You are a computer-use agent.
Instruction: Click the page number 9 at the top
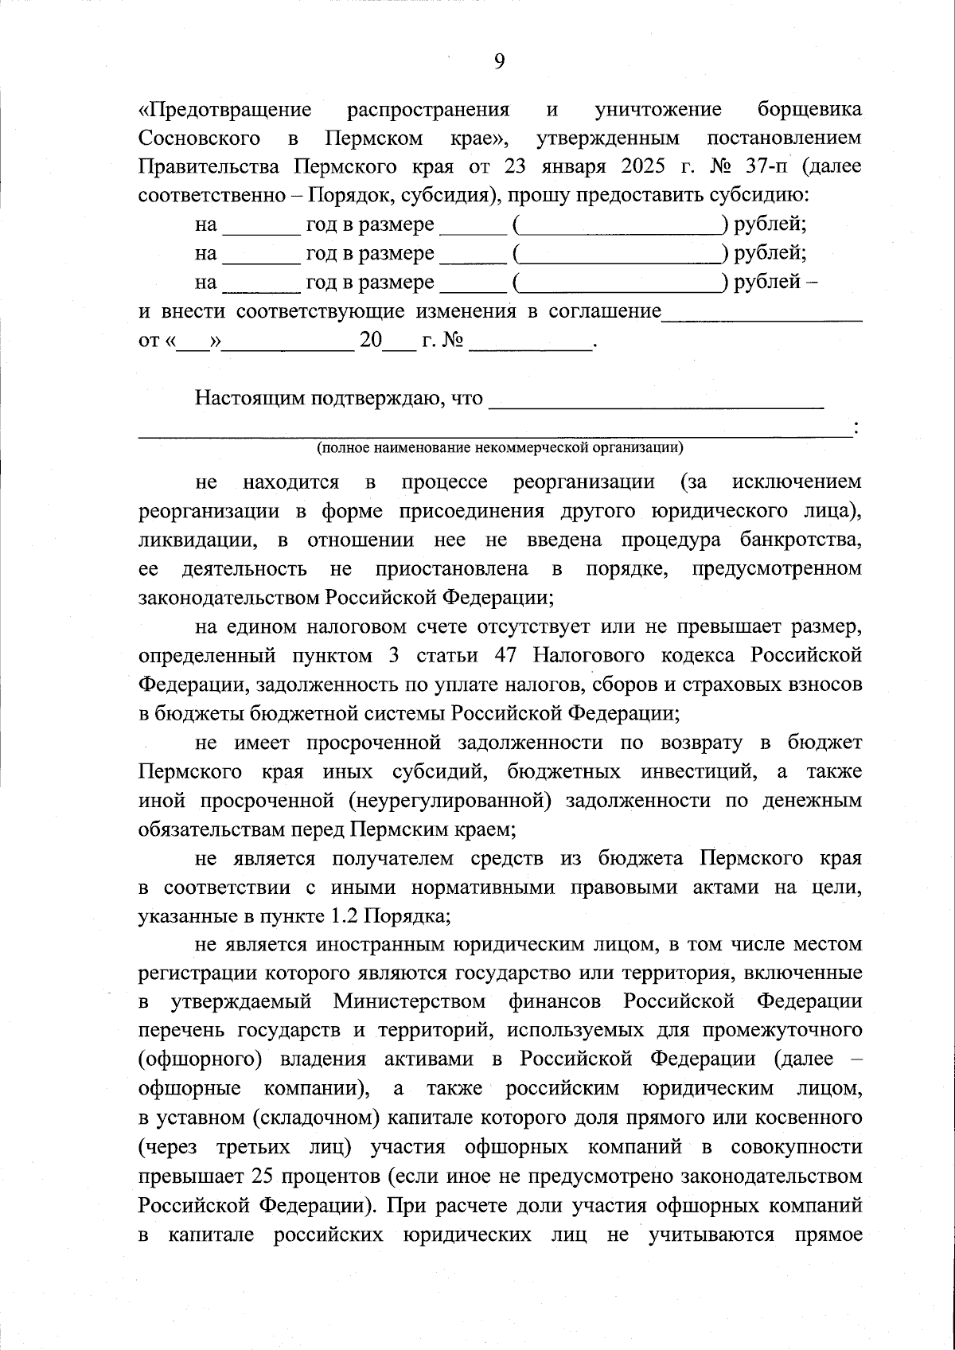click(499, 61)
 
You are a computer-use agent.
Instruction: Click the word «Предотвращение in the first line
click(224, 109)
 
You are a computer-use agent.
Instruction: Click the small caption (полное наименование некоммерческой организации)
click(500, 447)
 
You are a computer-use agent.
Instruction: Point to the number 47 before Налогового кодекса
click(508, 655)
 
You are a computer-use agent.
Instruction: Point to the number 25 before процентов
click(261, 1175)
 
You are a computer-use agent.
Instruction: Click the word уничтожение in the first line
click(658, 109)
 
